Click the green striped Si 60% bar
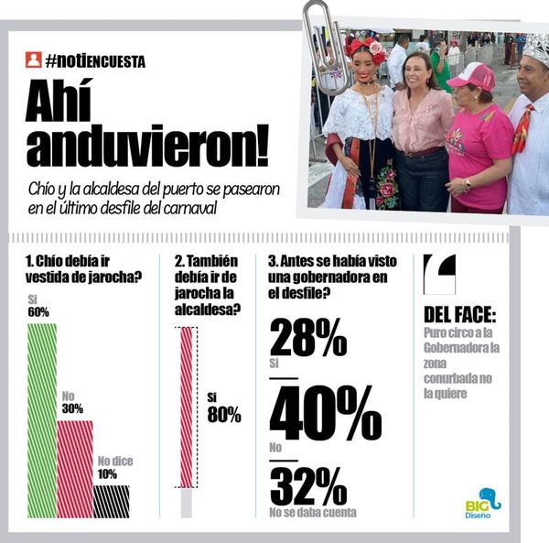tap(42, 419)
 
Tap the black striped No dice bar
tap(112, 501)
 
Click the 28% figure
tap(307, 340)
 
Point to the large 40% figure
tap(324, 412)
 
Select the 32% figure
tap(307, 485)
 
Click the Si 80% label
tap(223, 408)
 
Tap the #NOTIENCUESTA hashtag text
tap(95, 61)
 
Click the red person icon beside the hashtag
tap(34, 60)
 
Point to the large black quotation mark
tap(439, 273)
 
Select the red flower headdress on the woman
tap(367, 48)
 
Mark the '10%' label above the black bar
tap(108, 474)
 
